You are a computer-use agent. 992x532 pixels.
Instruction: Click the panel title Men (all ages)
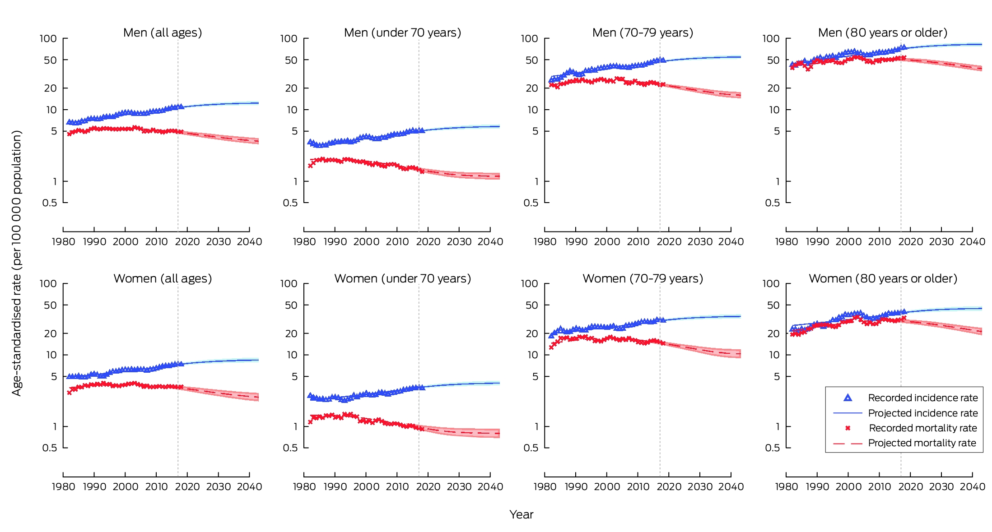[x=163, y=33]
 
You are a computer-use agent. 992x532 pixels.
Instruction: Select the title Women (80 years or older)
[x=883, y=278]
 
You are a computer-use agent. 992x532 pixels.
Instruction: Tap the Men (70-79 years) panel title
[x=643, y=33]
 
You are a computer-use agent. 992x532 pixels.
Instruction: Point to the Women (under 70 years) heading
[x=402, y=278]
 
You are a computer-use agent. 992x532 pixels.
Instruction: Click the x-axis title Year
[x=522, y=514]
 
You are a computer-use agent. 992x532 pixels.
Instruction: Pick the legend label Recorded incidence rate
[x=923, y=398]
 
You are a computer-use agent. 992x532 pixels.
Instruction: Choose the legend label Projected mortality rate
[x=922, y=443]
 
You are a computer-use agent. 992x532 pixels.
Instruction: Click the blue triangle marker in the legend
[x=848, y=398]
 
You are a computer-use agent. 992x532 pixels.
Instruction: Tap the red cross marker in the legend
[x=848, y=428]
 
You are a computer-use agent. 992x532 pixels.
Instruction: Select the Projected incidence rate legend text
[x=923, y=413]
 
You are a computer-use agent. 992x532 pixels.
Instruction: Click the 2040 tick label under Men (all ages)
[x=250, y=242]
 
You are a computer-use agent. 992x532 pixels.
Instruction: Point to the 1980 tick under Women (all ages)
[x=64, y=487]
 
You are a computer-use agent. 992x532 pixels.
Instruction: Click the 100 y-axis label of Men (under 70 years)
[x=289, y=39]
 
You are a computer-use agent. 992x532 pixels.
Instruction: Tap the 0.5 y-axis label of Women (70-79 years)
[x=531, y=448]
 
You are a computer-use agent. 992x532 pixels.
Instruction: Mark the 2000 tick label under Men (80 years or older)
[x=848, y=242]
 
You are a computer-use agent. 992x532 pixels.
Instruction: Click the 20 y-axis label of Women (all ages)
[x=51, y=333]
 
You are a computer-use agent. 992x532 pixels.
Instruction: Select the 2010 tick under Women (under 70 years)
[x=397, y=487]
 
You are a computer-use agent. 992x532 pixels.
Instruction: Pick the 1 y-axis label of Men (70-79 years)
[x=536, y=182]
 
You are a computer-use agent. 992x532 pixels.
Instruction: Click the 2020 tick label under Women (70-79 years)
[x=669, y=487]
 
